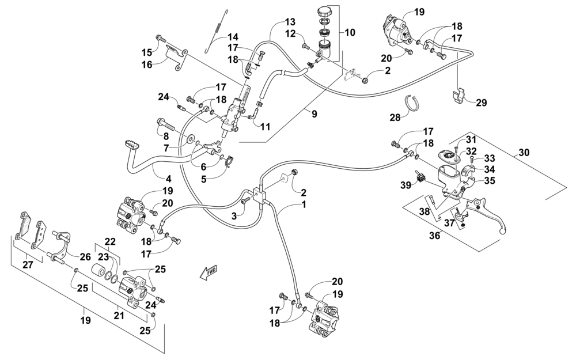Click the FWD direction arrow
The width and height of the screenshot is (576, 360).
pyautogui.click(x=209, y=272)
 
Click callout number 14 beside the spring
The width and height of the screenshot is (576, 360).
pyautogui.click(x=233, y=37)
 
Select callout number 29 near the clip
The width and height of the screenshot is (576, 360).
pyautogui.click(x=481, y=103)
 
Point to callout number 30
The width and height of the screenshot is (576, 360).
pyautogui.click(x=524, y=152)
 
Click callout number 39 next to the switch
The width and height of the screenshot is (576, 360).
pyautogui.click(x=406, y=185)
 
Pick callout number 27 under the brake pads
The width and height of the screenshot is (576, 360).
pyautogui.click(x=28, y=264)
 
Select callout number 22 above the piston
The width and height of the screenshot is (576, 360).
pyautogui.click(x=110, y=242)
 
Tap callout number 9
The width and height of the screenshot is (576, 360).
pyautogui.click(x=314, y=114)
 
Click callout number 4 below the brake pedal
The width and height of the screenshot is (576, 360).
pyautogui.click(x=168, y=179)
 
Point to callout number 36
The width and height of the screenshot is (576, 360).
pyautogui.click(x=434, y=236)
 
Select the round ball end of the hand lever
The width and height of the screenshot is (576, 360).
pyautogui.click(x=503, y=231)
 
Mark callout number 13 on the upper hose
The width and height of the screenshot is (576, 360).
pyautogui.click(x=290, y=22)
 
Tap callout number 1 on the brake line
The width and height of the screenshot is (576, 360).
pyautogui.click(x=304, y=204)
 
